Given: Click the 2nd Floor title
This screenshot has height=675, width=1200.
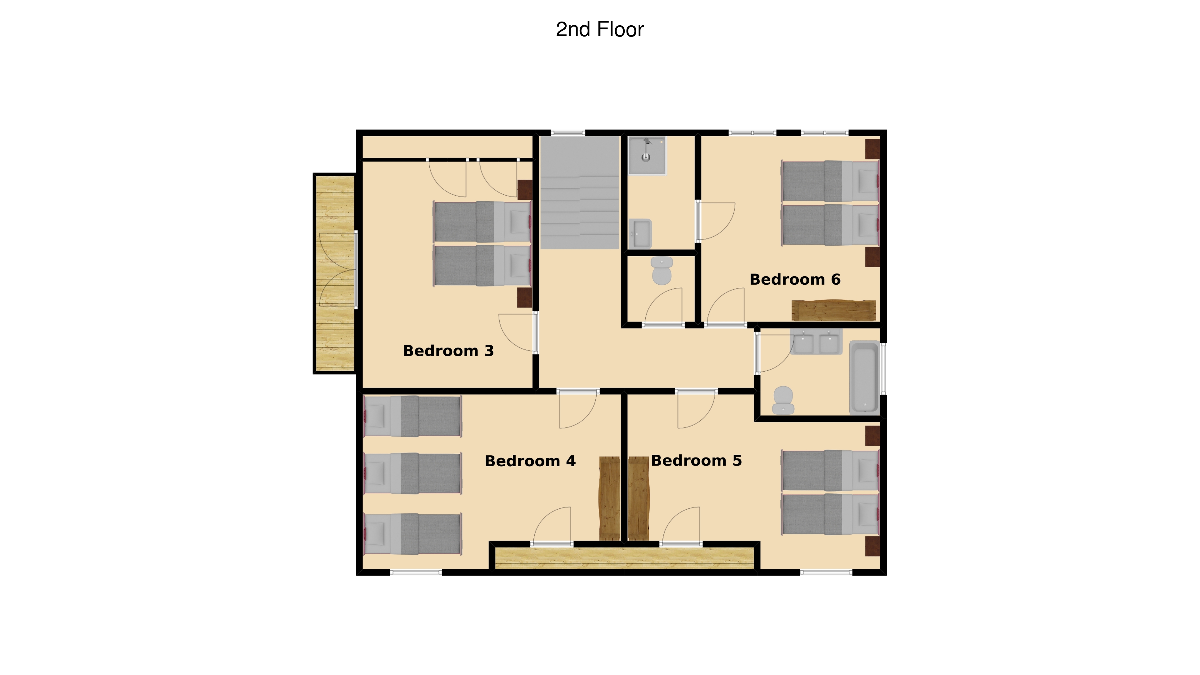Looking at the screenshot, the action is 600,29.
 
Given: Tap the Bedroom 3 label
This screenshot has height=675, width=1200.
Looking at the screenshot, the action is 448,351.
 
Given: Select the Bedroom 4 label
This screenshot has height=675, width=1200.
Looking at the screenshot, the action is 530,461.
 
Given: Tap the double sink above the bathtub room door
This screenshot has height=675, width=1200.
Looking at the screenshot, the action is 816,342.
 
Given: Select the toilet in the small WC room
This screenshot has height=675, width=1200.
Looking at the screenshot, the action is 662,271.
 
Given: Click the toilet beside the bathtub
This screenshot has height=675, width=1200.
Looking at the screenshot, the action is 783,400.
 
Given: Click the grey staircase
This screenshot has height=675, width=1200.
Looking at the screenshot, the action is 579,192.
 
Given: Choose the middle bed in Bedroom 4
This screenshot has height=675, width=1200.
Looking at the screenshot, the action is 412,473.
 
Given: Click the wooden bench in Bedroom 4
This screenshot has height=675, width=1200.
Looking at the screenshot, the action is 609,498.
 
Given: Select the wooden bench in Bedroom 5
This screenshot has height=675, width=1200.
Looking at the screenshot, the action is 639,498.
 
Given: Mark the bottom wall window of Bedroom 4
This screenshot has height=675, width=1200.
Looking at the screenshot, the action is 416,572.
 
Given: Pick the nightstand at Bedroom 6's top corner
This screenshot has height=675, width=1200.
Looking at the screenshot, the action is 872,149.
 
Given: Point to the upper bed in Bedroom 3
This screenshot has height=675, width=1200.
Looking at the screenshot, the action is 482,222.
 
